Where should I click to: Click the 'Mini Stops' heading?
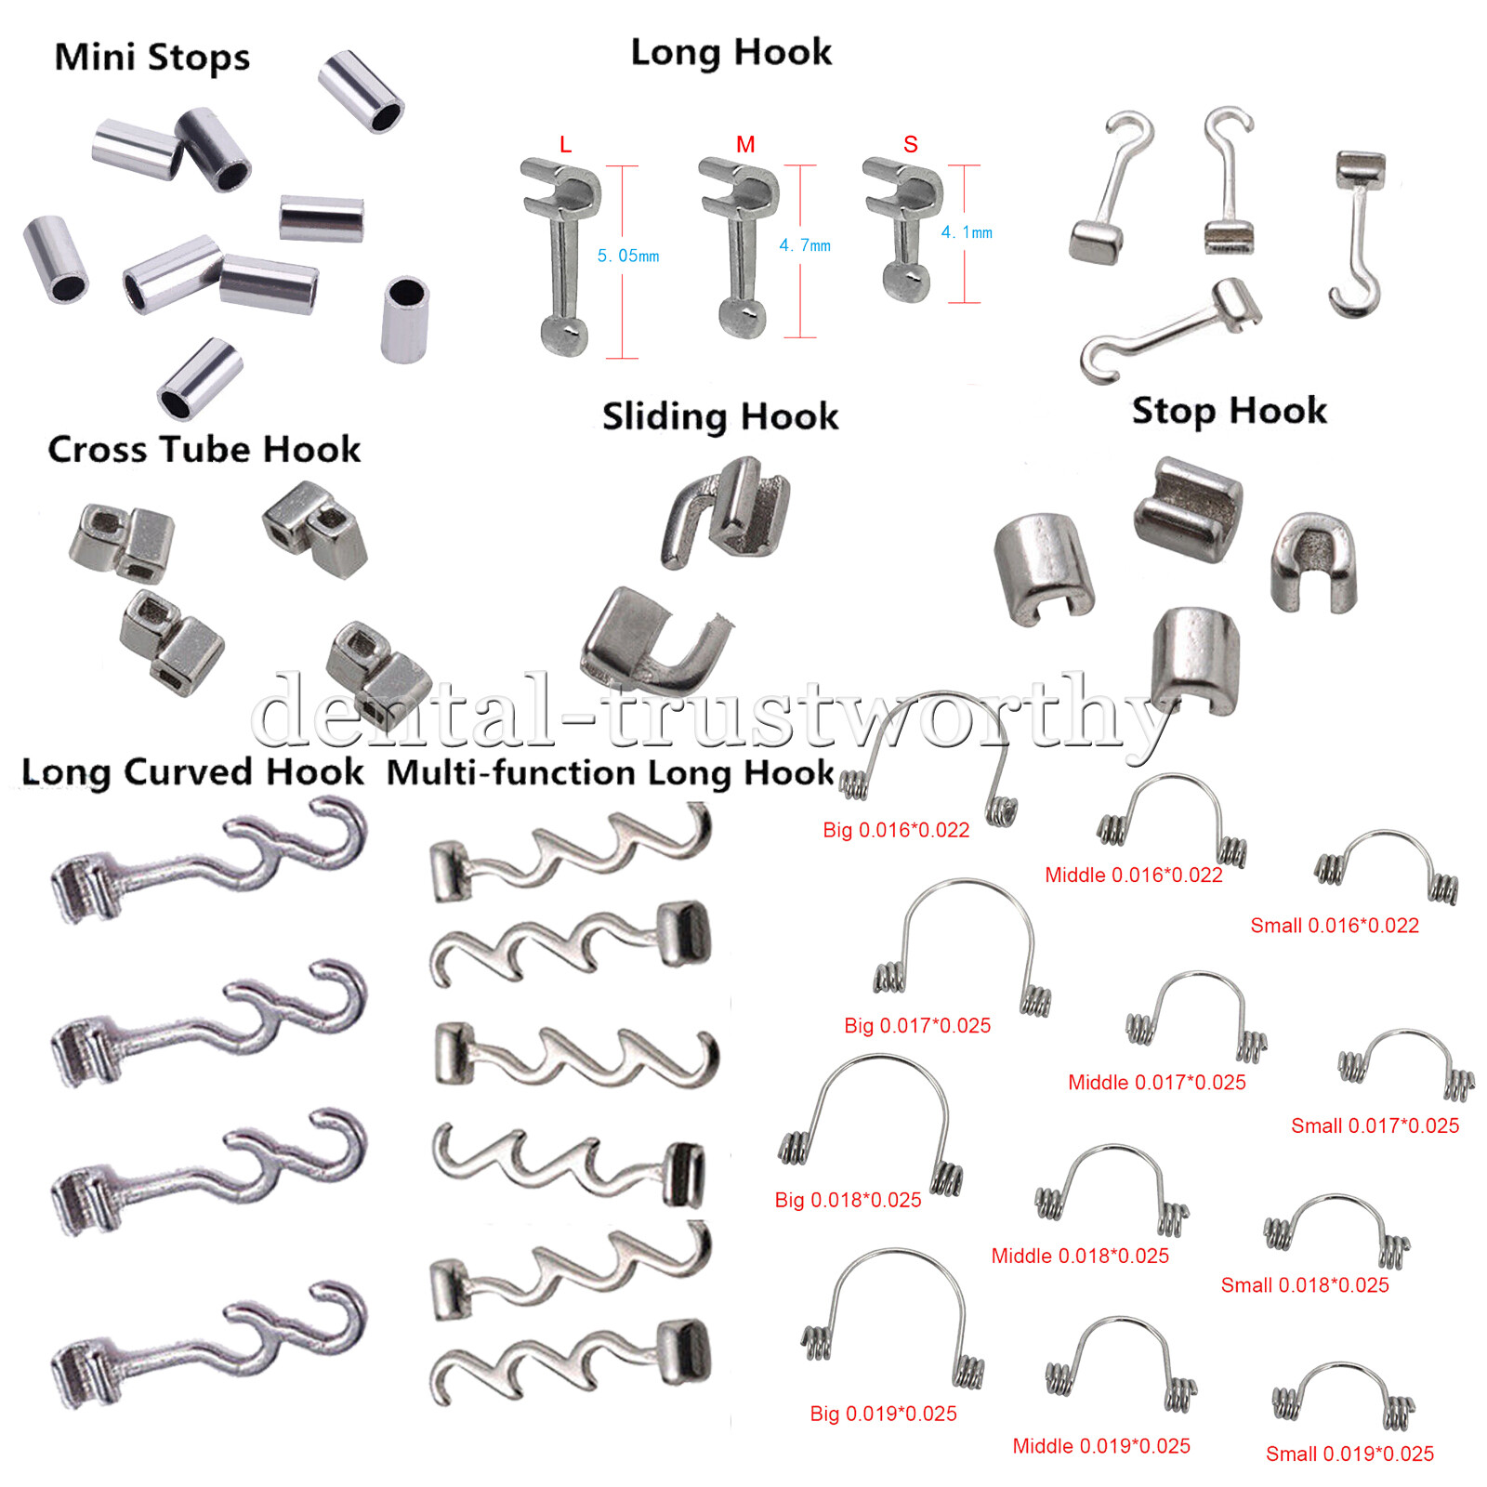[152, 58]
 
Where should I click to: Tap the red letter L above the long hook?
[565, 145]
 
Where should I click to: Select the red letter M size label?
[745, 145]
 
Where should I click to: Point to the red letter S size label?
[911, 145]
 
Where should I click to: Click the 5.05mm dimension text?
[628, 256]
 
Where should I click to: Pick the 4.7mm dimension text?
[805, 245]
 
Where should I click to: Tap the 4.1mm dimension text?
[967, 232]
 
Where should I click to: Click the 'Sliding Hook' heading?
[720, 416]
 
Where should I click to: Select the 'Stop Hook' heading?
[1229, 411]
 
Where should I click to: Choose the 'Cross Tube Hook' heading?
[204, 450]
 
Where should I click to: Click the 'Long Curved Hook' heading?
[192, 772]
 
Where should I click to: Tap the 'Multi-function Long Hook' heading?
[610, 772]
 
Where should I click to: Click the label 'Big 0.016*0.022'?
[896, 830]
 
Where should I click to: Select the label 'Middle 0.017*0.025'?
[1157, 1082]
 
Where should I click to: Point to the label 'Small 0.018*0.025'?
[1305, 1285]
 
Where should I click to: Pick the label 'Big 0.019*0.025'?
[883, 1414]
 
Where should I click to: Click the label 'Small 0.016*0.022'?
[1335, 926]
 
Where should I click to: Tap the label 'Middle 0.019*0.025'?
[1101, 1446]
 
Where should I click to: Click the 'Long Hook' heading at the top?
[731, 53]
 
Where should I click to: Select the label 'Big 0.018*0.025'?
[848, 1200]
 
